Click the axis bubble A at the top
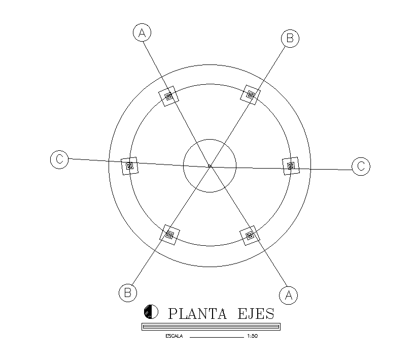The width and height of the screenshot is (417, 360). [143, 32]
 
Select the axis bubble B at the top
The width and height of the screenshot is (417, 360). [290, 38]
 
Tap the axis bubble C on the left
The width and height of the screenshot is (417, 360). [59, 159]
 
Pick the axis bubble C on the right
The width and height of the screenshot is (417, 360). [361, 166]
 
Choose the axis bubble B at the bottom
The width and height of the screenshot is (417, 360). [127, 292]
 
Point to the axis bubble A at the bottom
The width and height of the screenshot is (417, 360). [288, 295]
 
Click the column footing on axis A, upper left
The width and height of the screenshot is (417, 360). [169, 95]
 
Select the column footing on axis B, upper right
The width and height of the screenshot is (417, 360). [250, 94]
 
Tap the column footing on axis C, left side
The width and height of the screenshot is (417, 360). [130, 166]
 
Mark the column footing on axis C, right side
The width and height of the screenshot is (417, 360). [291, 166]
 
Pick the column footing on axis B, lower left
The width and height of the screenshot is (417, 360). [170, 235]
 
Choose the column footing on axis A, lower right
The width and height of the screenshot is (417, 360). [250, 236]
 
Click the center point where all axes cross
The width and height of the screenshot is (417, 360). [210, 166]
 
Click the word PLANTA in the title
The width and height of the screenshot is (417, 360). [197, 313]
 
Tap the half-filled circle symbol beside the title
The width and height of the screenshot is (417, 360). [151, 311]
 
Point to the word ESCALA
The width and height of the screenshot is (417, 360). [173, 336]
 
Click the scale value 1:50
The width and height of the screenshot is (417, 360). [252, 336]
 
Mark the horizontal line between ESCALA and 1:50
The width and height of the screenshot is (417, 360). [217, 336]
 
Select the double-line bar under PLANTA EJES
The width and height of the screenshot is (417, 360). [210, 326]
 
